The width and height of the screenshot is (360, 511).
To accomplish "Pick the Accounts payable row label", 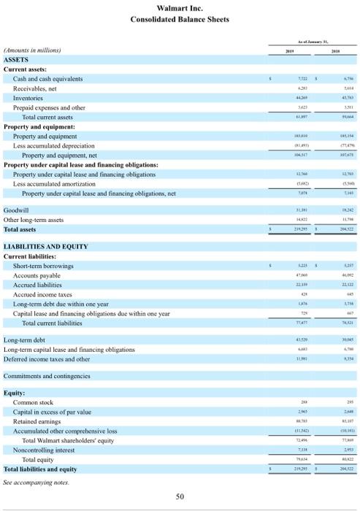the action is (37, 255).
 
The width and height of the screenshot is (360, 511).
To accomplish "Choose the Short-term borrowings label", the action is (42, 245).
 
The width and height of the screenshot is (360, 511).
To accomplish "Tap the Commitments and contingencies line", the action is (47, 376).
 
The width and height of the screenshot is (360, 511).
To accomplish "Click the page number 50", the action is (179, 496).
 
